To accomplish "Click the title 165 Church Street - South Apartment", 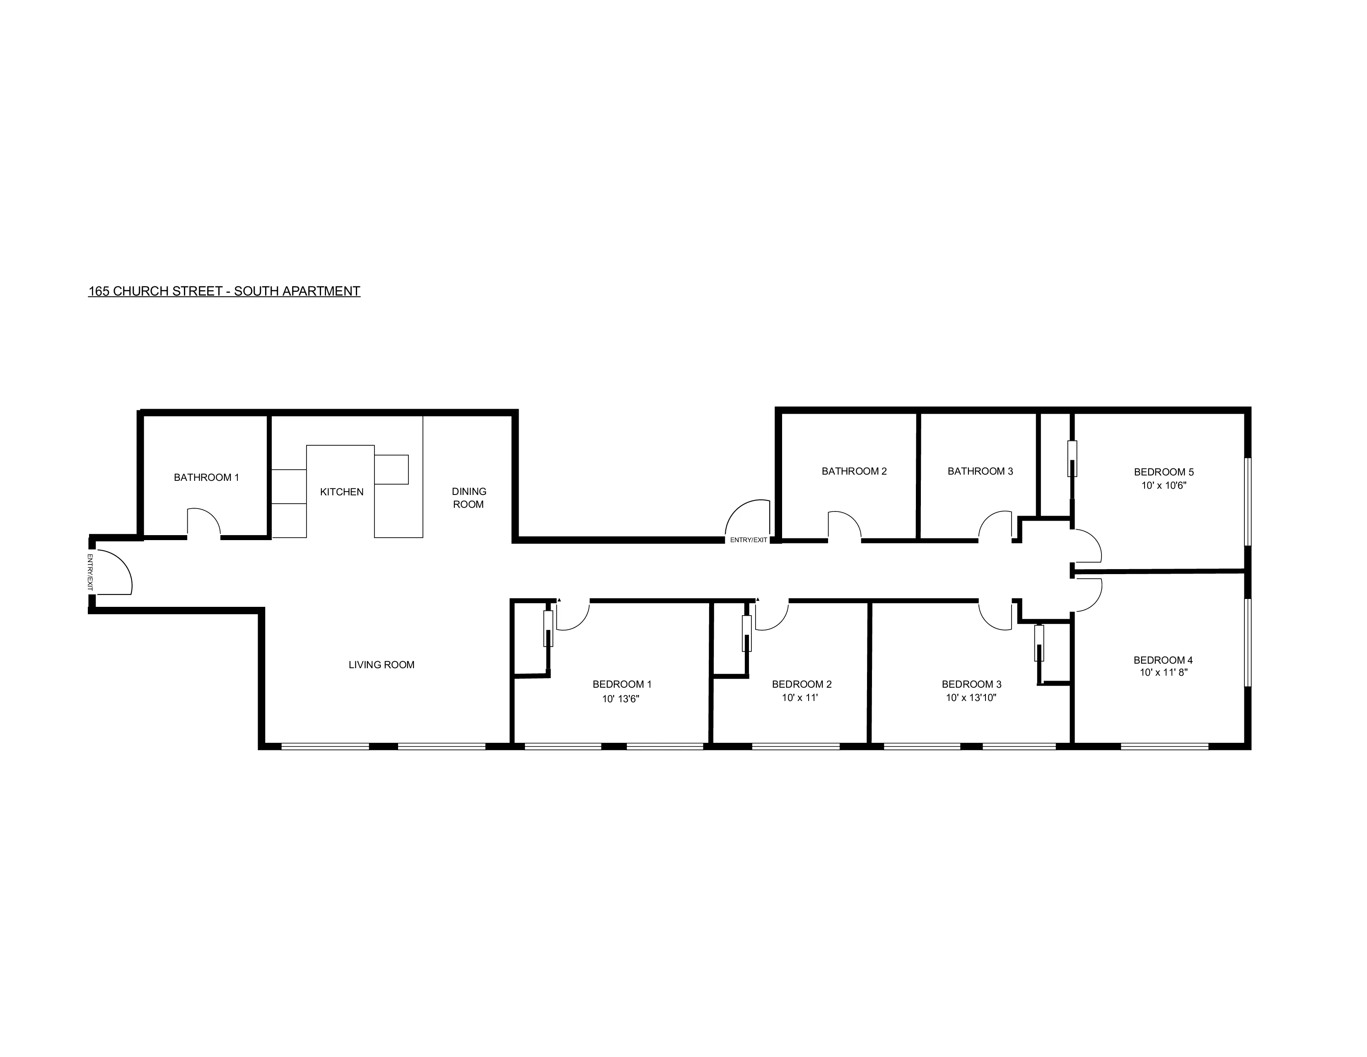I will coord(224,291).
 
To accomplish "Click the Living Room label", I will coord(381,665).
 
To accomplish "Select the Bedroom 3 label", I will coord(971,684).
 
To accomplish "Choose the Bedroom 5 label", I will coord(1164,472).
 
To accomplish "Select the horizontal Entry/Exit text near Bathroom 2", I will coord(748,540).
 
